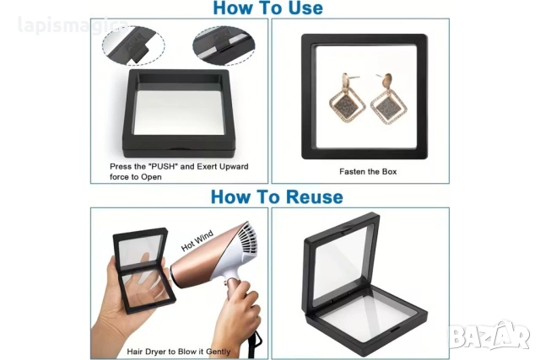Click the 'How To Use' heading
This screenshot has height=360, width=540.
coord(268,8)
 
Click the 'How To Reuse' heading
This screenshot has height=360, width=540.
coord(277,197)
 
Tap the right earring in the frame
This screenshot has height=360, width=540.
coord(388,99)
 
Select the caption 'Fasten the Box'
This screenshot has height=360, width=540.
coord(368,171)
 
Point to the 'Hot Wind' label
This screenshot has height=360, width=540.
coord(197,240)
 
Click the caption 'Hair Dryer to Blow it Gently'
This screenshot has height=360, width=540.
coord(178,352)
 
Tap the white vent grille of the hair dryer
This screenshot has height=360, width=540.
coord(247,240)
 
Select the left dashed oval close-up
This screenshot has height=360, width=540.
coord(133,46)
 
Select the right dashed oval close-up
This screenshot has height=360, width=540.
coord(224,46)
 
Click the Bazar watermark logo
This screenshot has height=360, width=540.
coord(489,335)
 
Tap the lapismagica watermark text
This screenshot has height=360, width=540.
coord(73,25)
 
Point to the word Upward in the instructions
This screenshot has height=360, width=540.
coord(234,167)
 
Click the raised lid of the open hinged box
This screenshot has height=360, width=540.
coord(341,261)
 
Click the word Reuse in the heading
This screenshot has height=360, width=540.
coord(314,197)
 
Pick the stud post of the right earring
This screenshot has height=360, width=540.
coord(381,76)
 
